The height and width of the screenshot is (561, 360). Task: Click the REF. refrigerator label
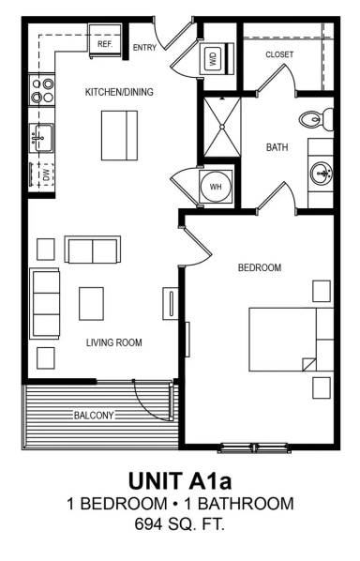pos(105,44)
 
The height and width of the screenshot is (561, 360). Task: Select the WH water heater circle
pos(216,187)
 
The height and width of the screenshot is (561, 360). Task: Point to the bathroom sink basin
pos(320,174)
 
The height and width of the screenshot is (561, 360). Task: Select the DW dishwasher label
pos(44,175)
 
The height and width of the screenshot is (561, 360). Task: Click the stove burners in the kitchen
pos(41,90)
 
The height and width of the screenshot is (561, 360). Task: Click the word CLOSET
pos(279,54)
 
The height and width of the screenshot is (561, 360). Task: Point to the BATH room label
pos(277,147)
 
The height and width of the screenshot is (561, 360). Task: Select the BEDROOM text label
pos(260,268)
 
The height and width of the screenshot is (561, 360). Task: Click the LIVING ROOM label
pos(114,343)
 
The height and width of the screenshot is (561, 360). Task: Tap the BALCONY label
pos(95,415)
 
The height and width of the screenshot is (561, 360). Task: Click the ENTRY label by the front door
pos(145,47)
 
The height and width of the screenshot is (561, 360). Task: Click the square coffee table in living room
pos(92,303)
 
